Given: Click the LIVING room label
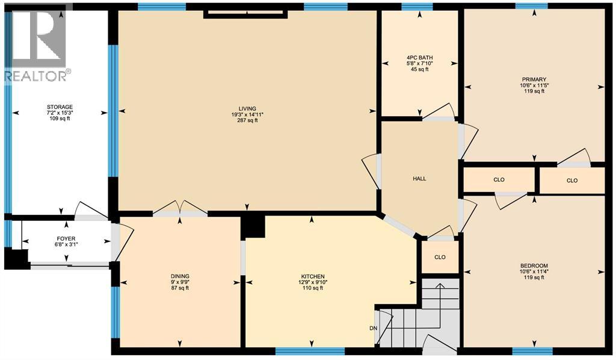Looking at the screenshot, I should coord(247,108).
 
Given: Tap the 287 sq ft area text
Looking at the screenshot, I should coord(247,120).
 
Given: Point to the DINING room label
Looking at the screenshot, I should coord(179,276).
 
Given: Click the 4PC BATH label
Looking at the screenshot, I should coord(417,58).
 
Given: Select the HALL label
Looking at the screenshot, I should coord(419,179).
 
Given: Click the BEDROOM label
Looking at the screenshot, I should coord(534,265).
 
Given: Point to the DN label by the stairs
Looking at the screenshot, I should coord(374,328).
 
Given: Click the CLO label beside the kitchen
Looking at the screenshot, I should coord(440,257).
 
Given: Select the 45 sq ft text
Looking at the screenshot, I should coord(417,70).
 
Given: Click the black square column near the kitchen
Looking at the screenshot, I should coord(252,226).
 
